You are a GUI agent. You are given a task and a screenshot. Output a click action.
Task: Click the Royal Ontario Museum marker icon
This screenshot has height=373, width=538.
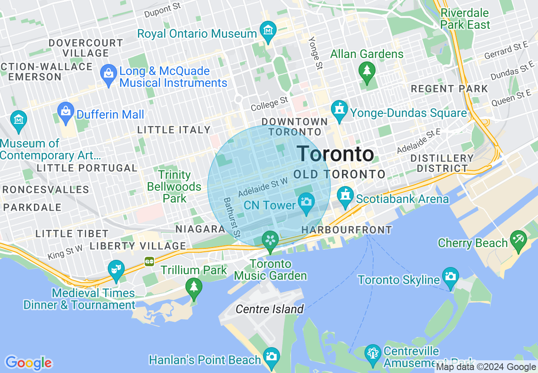point(268,31)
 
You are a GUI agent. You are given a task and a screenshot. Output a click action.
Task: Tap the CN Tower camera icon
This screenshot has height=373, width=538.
point(306,201)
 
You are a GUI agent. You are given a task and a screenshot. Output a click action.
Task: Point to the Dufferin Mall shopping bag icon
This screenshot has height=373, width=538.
point(66,111)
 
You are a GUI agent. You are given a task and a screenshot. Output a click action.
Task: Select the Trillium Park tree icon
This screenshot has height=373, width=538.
point(194,287)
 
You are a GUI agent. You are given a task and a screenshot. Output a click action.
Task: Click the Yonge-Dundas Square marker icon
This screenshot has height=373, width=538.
point(339,110)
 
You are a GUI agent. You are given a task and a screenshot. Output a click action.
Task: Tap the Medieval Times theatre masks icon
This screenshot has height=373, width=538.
point(116,269)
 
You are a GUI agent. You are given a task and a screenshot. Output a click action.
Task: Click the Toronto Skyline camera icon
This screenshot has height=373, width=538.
point(450,276)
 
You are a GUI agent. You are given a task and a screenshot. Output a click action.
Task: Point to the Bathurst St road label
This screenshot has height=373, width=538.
point(233,217)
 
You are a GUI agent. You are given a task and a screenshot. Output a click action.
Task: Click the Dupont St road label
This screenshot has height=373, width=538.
point(163,11)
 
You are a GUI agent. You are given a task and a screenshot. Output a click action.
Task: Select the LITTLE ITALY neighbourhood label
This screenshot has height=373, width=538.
point(174,130)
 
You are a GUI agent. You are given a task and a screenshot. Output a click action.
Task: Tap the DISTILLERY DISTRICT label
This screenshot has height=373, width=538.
point(442,163)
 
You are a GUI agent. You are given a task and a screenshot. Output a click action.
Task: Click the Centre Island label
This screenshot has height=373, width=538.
point(269,309)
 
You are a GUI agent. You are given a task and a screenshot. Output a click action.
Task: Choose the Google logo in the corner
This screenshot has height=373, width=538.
point(28,363)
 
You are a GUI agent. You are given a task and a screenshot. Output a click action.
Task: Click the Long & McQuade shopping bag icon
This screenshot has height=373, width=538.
point(109,73)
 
